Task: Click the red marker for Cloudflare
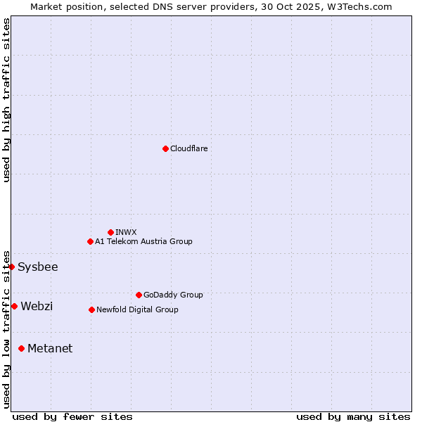click(165, 148)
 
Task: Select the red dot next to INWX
click(110, 232)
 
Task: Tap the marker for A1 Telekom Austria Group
click(90, 241)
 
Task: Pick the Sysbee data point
click(11, 267)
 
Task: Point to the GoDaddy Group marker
click(139, 295)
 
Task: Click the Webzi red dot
click(14, 306)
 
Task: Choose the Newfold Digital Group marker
click(91, 309)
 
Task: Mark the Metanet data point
click(21, 348)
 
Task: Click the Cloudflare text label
click(188, 148)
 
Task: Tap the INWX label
click(126, 232)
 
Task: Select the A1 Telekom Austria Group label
click(143, 241)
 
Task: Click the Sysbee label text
click(38, 267)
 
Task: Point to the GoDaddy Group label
click(173, 295)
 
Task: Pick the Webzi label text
click(37, 306)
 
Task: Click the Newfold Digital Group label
click(137, 309)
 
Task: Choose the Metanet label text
click(50, 348)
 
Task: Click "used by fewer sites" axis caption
click(72, 416)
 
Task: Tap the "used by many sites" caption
click(353, 416)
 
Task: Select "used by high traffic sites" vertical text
click(6, 100)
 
